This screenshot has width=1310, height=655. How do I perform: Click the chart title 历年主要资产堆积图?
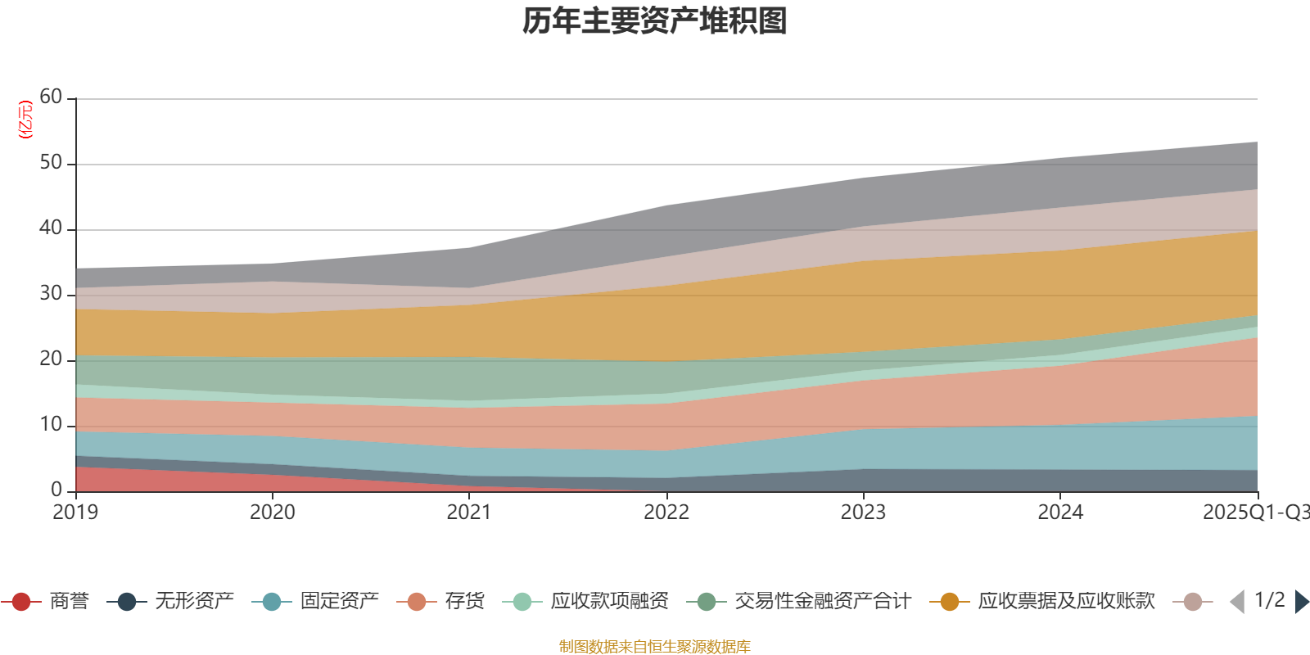(x=655, y=21)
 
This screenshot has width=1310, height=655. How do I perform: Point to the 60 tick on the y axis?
(x=51, y=97)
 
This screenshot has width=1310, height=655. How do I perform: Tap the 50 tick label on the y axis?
(x=51, y=163)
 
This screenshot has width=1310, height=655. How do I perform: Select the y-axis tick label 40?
(x=51, y=228)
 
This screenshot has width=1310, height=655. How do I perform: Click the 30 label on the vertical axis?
(x=51, y=294)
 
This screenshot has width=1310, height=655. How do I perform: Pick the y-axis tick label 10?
(x=51, y=425)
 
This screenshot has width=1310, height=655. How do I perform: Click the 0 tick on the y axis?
(x=56, y=490)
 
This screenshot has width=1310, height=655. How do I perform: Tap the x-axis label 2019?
(x=75, y=513)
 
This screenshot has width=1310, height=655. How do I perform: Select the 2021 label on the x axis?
(x=469, y=513)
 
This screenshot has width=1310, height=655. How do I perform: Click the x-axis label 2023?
(x=863, y=513)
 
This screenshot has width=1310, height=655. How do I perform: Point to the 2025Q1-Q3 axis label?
(x=1254, y=513)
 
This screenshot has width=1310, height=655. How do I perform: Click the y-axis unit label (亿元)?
(x=25, y=120)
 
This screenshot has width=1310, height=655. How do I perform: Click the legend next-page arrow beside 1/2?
(x=1301, y=602)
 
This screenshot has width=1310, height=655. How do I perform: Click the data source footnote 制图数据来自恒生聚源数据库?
(x=655, y=647)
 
